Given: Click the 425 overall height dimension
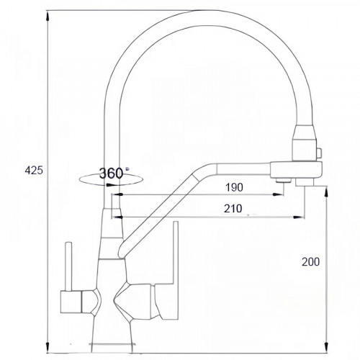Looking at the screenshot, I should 34,171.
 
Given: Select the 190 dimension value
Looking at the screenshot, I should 233,188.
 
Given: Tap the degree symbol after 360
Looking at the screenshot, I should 127,168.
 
